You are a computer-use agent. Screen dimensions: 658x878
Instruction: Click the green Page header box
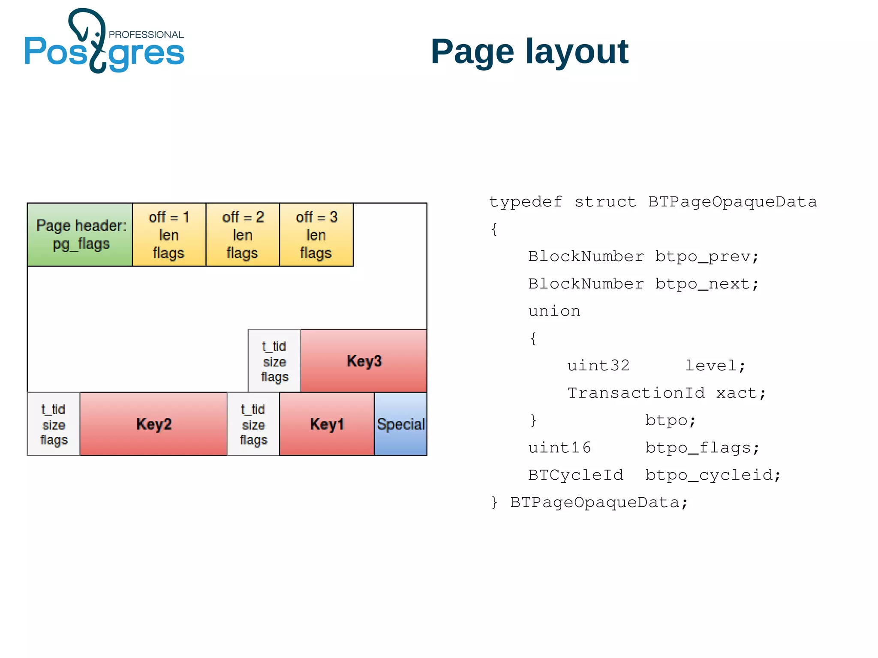coord(80,234)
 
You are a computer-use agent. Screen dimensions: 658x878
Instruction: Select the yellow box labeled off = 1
coord(169,234)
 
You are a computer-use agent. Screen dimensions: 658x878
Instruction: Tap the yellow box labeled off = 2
coord(243,234)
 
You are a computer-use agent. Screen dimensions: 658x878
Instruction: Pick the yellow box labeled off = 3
coord(316,234)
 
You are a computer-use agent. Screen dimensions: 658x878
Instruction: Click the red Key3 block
coord(364,361)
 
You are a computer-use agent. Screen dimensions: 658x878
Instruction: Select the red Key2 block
coord(153,424)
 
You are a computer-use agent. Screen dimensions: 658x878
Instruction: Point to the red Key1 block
coord(327,424)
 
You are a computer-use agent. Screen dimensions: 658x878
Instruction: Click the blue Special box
coord(400,424)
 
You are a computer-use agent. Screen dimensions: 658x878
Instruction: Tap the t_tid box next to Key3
coord(274,361)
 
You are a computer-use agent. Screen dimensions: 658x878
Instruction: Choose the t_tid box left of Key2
coord(54,424)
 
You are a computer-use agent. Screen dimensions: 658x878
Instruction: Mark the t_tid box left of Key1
coord(253,424)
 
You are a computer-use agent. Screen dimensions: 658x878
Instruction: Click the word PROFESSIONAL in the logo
coord(146,35)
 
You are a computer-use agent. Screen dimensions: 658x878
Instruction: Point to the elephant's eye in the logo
coord(97,34)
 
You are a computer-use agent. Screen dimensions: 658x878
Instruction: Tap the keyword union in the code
coord(554,311)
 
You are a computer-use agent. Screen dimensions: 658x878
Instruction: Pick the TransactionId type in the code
coord(636,393)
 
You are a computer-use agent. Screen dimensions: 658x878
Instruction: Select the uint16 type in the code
coord(559,448)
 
